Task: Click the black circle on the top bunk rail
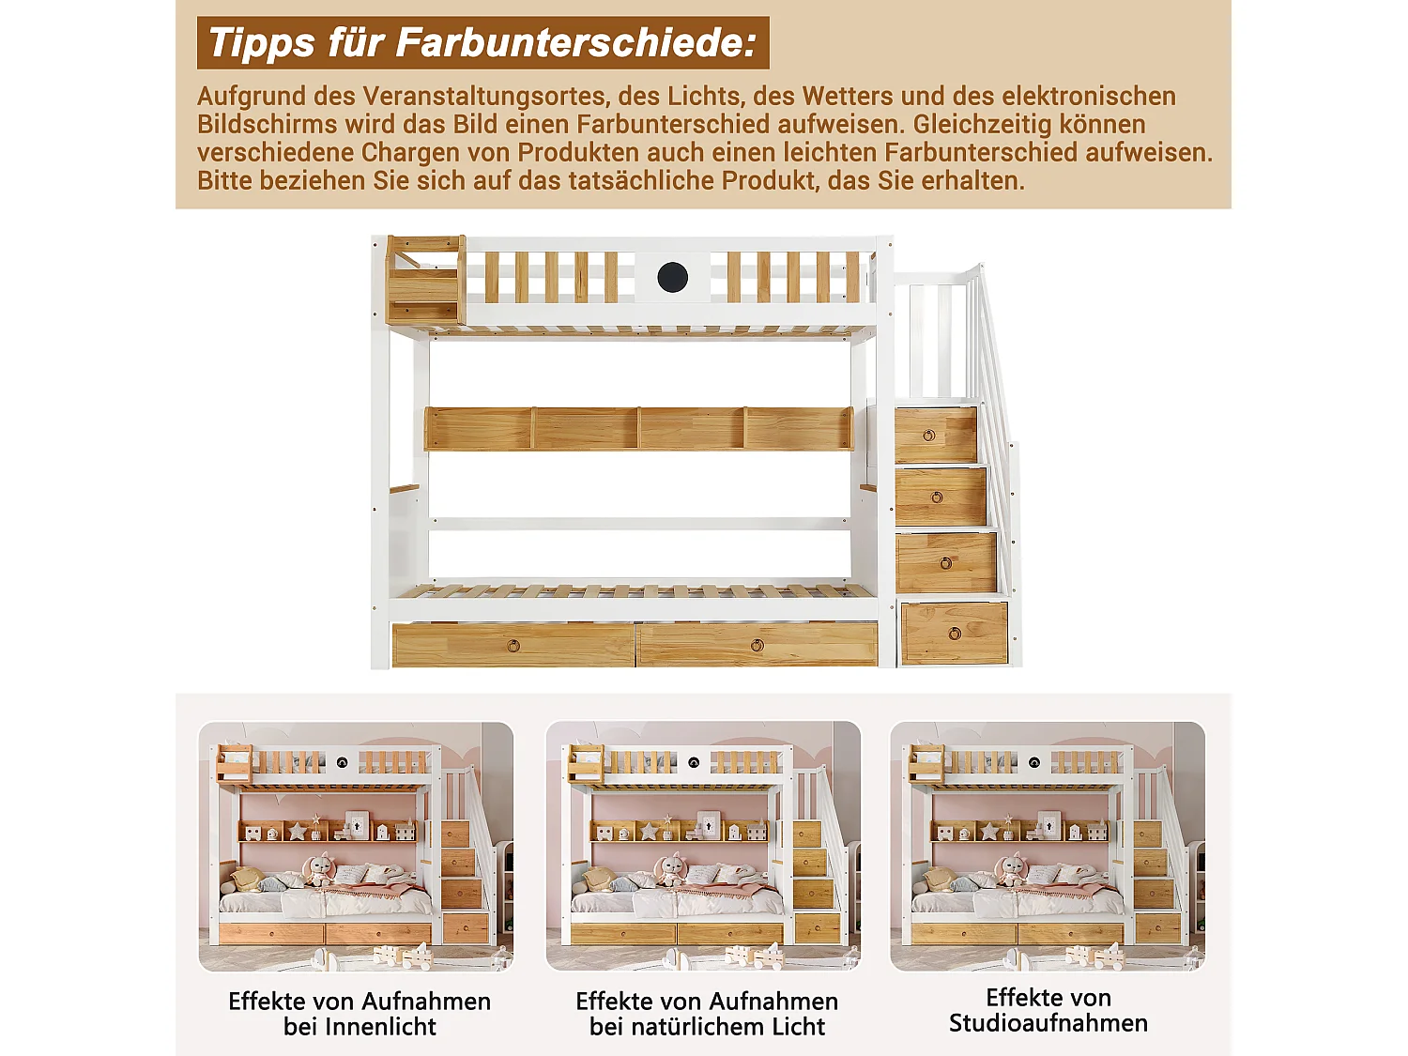pyautogui.click(x=672, y=277)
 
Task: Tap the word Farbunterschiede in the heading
pyautogui.click(x=575, y=43)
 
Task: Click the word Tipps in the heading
pyautogui.click(x=262, y=43)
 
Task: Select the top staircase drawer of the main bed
pyautogui.click(x=935, y=435)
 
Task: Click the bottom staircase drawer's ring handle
pyautogui.click(x=955, y=634)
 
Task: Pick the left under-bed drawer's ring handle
pyautogui.click(x=513, y=646)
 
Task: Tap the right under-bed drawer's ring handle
pyautogui.click(x=757, y=646)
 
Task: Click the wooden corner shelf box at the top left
pyautogui.click(x=425, y=280)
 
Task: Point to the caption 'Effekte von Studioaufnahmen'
pyautogui.click(x=1048, y=1010)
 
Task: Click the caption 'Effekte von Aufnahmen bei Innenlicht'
pyautogui.click(x=360, y=1014)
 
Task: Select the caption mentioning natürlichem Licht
pyautogui.click(x=707, y=1014)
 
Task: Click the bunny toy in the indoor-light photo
pyautogui.click(x=320, y=870)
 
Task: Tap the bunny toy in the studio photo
pyautogui.click(x=1011, y=870)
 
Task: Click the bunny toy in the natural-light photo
pyautogui.click(x=670, y=870)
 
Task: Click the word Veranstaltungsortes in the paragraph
pyautogui.click(x=483, y=97)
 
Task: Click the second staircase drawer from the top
pyautogui.click(x=940, y=497)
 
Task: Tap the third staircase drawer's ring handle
pyautogui.click(x=946, y=563)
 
